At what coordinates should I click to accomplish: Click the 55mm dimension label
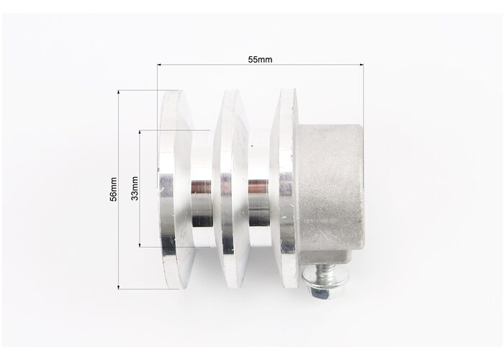click(260, 60)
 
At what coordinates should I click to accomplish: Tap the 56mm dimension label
click(114, 189)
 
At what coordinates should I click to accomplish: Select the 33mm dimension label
click(135, 189)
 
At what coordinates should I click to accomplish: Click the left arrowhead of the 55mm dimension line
click(159, 65)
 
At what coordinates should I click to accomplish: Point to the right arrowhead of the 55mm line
click(361, 65)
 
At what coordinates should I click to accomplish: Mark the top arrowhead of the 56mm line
click(119, 92)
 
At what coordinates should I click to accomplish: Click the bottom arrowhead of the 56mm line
click(119, 287)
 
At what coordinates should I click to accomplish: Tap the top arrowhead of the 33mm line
click(140, 132)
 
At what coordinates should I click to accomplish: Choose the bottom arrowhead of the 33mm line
click(140, 245)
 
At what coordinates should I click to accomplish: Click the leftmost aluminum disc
click(176, 189)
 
